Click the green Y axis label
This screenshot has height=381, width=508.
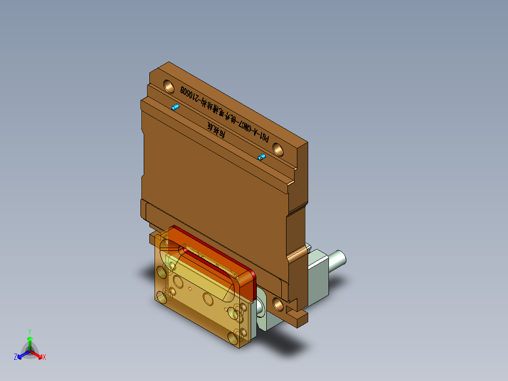pos(29,331)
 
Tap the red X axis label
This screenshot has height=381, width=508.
pos(44,357)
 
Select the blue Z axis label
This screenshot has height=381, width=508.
pos(16,357)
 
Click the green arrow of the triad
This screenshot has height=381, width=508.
pos(29,341)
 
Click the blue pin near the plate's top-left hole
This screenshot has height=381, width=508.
pos(175,108)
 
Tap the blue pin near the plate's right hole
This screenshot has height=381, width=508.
pos(262,157)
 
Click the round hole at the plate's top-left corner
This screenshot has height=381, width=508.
pos(168,86)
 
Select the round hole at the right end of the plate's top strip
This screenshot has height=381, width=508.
pos(279,150)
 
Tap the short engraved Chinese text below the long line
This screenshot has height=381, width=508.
pos(216,130)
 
